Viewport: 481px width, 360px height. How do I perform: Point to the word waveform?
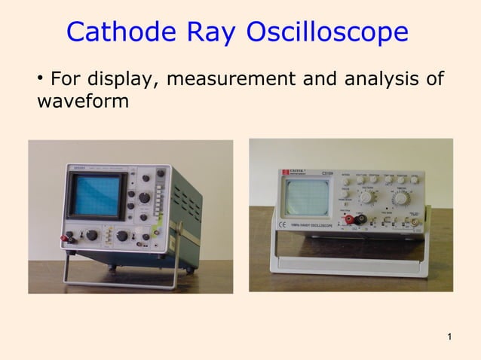(82, 99)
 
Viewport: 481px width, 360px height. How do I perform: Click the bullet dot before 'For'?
(39, 78)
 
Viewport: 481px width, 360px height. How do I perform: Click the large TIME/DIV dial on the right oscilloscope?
(399, 199)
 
